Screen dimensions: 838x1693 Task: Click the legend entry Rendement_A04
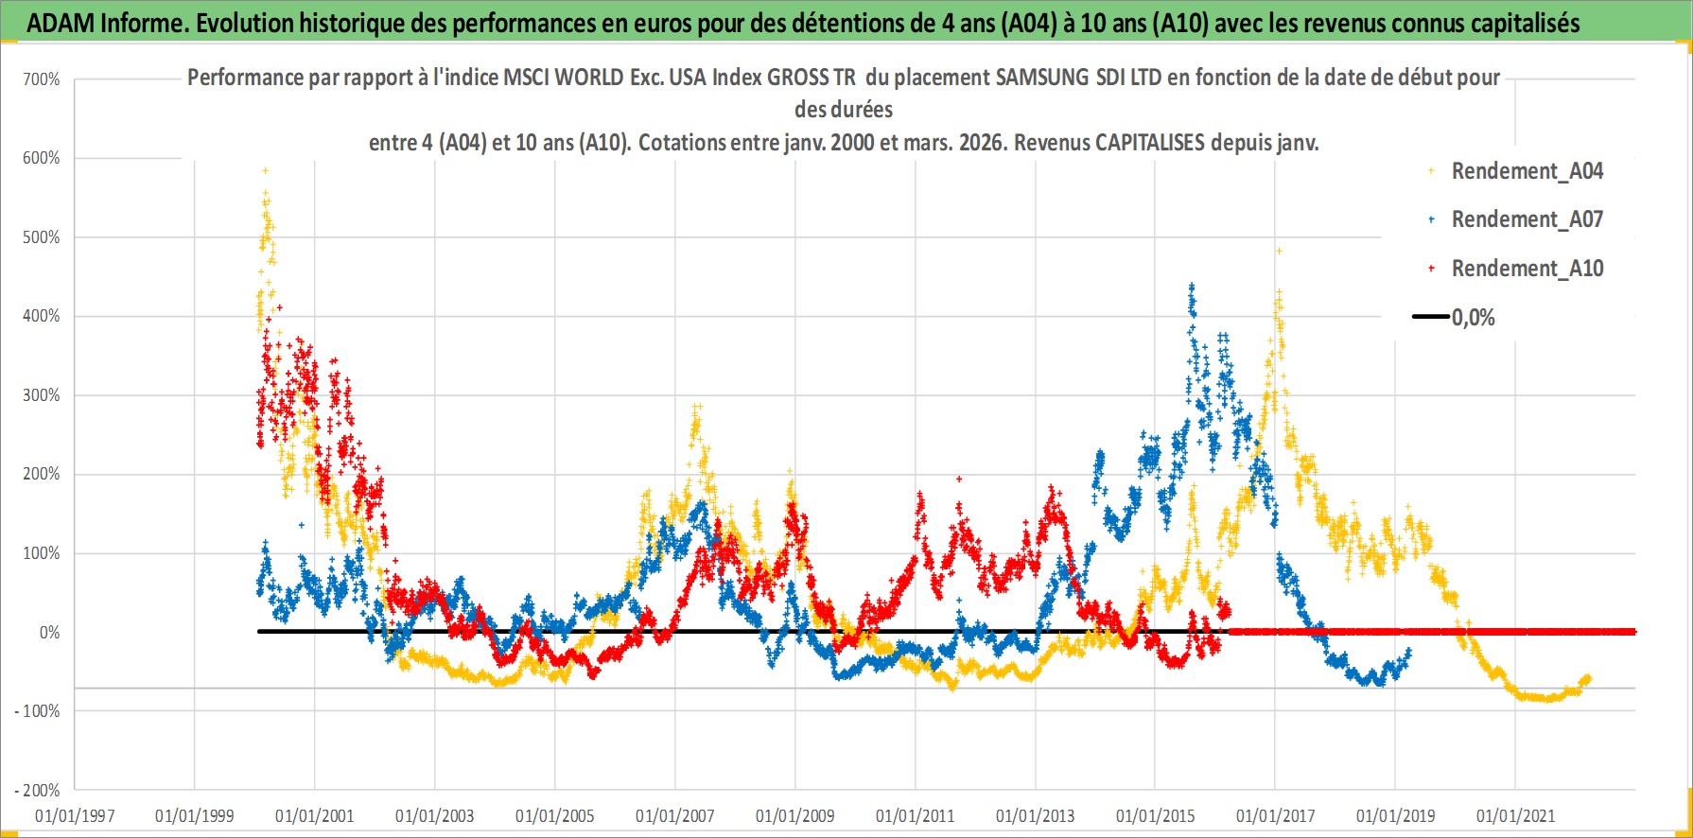[1527, 171]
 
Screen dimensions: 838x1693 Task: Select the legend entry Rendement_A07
[1527, 219]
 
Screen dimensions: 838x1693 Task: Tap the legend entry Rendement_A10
[1527, 269]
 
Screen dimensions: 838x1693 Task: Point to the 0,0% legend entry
[1473, 318]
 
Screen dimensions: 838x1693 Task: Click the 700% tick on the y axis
[42, 79]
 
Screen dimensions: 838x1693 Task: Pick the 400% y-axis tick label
[42, 316]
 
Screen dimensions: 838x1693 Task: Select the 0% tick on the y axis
[49, 632]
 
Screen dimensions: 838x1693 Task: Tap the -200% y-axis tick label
[38, 790]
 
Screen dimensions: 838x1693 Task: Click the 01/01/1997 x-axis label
[75, 815]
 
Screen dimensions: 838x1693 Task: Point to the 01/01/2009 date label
[795, 815]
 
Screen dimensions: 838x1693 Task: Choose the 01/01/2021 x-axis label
[1515, 815]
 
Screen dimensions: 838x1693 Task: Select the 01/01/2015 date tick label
[1155, 815]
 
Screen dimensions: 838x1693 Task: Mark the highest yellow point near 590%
[266, 170]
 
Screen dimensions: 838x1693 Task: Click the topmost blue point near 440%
[1192, 285]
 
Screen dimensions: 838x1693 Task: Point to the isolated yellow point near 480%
[1279, 251]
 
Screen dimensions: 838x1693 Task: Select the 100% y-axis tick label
[42, 552]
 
